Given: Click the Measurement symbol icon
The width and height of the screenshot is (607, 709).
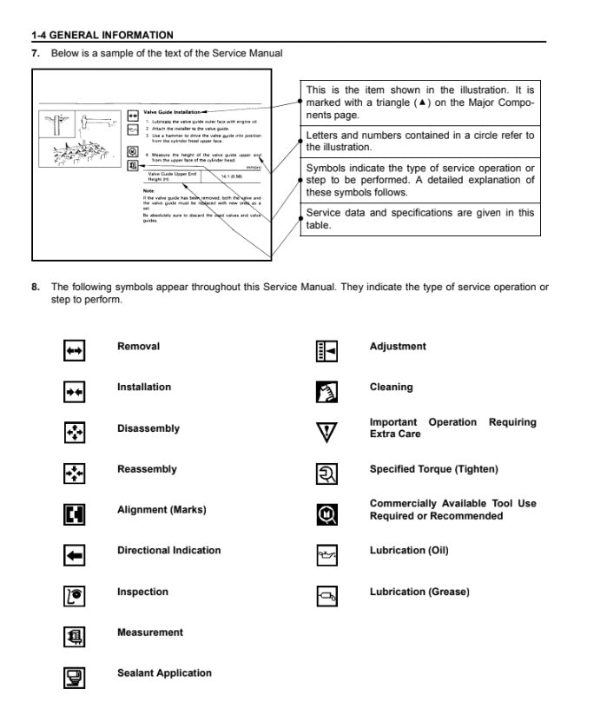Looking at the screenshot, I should click(75, 636).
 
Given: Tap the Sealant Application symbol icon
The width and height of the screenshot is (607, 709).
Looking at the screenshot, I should click(75, 677).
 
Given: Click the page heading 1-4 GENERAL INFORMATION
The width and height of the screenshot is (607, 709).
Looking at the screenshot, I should click(102, 35).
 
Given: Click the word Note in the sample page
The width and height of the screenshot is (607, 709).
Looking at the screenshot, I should click(148, 190).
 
